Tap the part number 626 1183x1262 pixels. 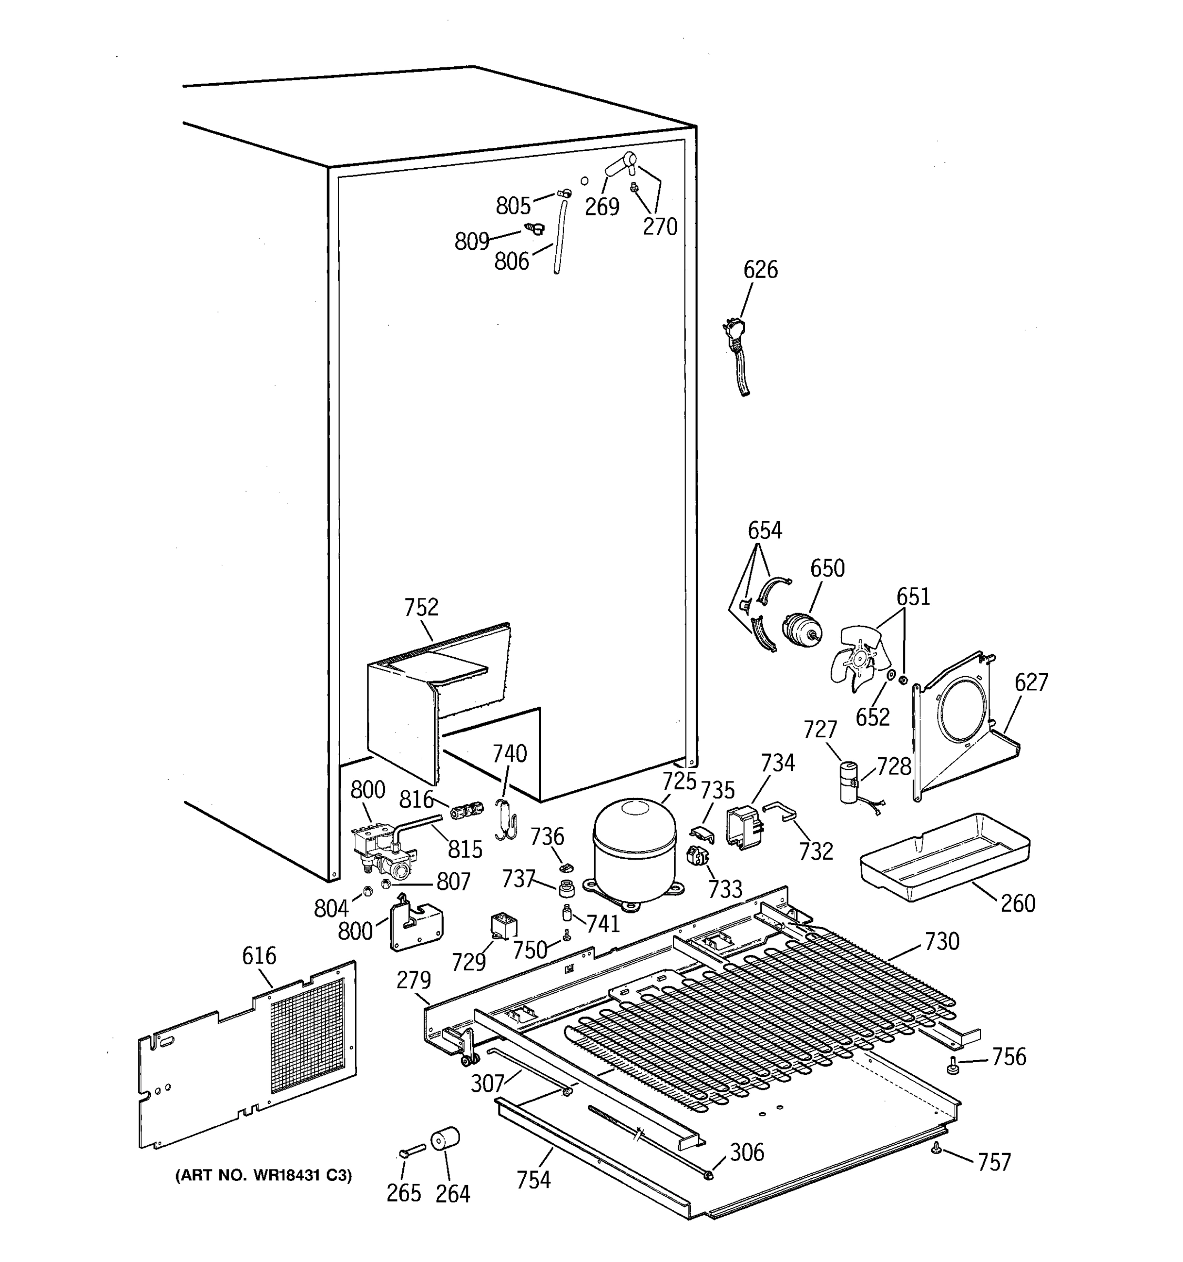coord(760,270)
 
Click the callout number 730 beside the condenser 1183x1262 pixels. coord(942,941)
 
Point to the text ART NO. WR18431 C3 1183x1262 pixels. coord(263,1176)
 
